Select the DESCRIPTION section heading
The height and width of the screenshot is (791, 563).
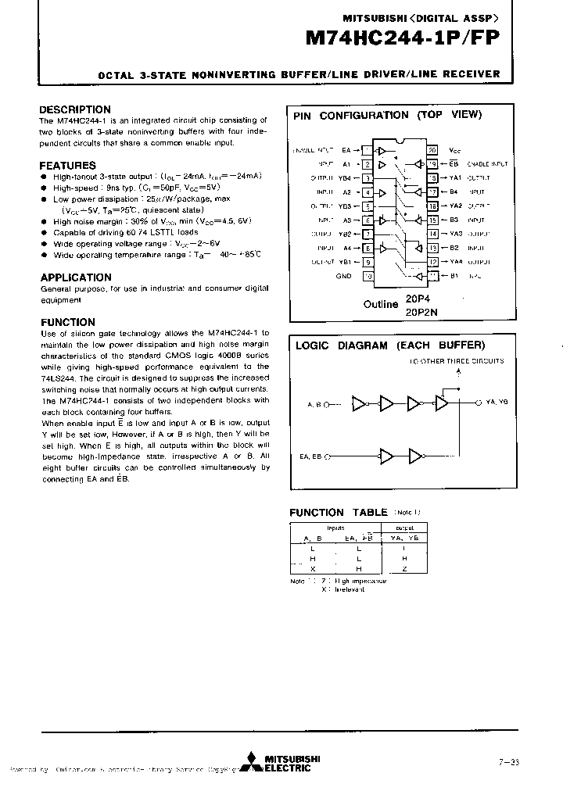point(75,109)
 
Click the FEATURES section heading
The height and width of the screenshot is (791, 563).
point(67,166)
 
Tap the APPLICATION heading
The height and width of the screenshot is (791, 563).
point(76,277)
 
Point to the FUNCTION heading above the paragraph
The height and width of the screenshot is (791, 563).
point(67,322)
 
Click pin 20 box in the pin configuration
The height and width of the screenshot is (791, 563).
point(432,149)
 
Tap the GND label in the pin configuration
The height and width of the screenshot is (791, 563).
point(344,277)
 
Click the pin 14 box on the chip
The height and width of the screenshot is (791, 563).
point(432,234)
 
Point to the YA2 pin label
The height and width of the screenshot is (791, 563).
point(456,206)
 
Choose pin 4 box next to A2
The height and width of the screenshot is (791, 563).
point(367,192)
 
